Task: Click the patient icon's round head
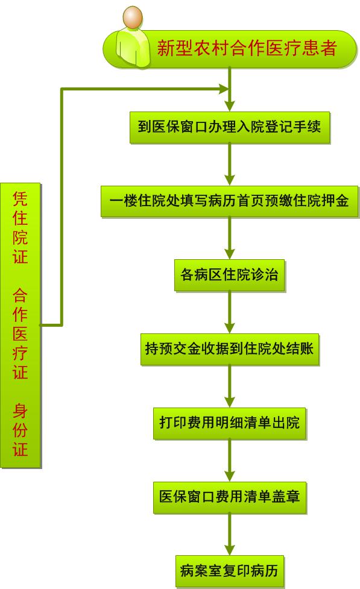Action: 133,17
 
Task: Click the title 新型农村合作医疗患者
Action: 247,48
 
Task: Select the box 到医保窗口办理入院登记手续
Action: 230,127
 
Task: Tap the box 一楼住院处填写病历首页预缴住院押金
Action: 230,201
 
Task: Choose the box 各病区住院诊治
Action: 230,276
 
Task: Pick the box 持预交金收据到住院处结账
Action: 230,349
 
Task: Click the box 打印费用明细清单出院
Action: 230,423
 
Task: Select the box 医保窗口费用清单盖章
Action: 230,497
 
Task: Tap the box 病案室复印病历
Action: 230,572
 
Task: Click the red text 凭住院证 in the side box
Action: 21,228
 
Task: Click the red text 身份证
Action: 21,430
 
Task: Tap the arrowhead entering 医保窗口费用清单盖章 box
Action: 230,476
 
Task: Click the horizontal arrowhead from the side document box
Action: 224,89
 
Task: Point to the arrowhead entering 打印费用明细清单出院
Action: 230,402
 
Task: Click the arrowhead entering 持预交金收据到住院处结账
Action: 230,327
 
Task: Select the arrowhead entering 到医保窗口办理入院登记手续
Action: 230,106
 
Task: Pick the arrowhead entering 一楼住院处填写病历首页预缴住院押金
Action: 230,180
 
